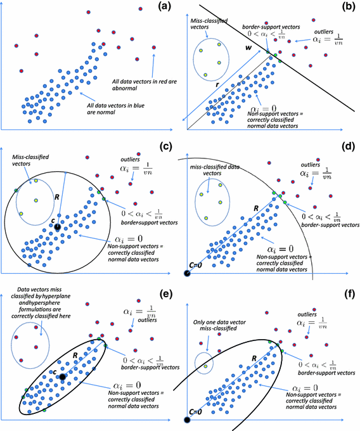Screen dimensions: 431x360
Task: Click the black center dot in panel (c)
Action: pyautogui.click(x=57, y=226)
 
